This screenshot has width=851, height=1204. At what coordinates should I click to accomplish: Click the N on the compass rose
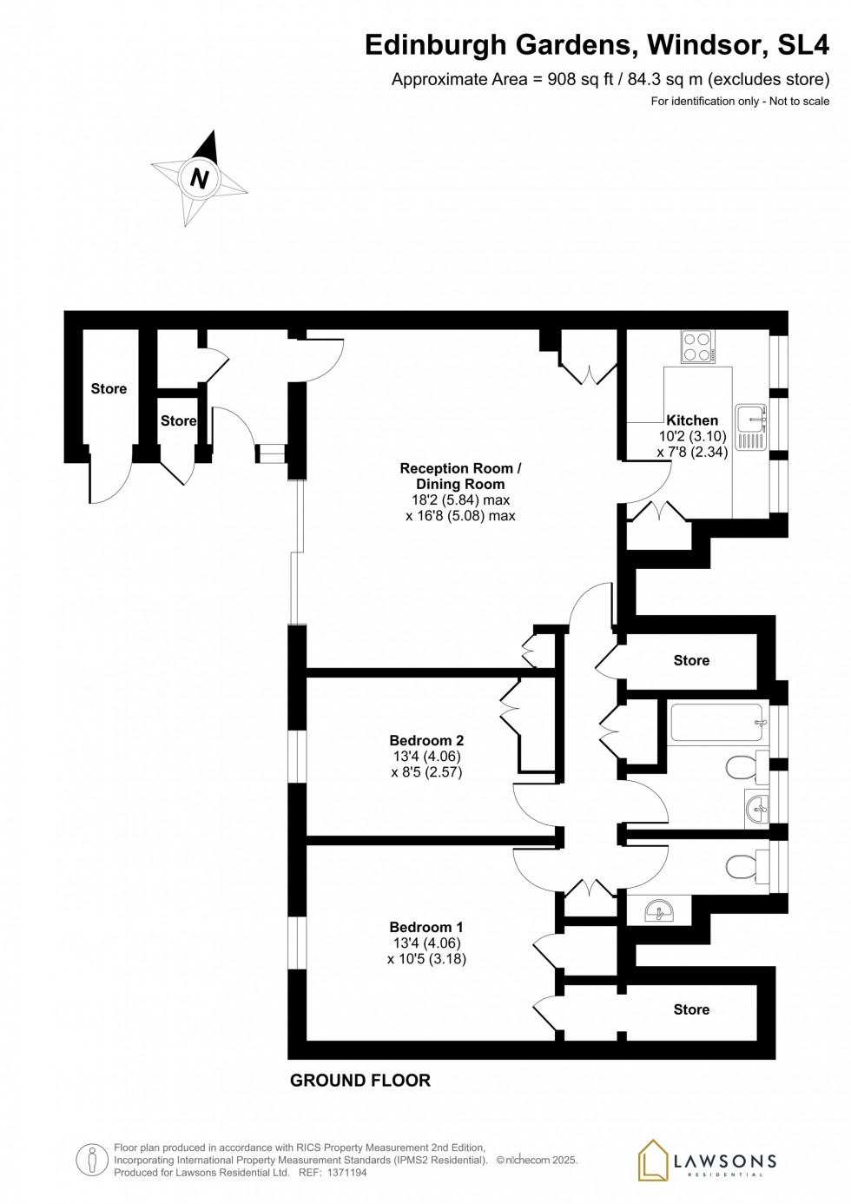[200, 178]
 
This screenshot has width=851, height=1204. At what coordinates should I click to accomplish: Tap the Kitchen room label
[692, 420]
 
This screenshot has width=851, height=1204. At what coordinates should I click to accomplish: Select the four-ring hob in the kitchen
[697, 347]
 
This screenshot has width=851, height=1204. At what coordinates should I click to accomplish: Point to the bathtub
[717, 723]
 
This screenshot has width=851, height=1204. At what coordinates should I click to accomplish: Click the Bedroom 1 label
[425, 927]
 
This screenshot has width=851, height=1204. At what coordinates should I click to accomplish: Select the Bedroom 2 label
[425, 740]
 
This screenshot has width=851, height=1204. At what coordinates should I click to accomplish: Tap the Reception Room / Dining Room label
[460, 476]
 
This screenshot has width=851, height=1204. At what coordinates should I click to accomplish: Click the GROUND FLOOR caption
[360, 1080]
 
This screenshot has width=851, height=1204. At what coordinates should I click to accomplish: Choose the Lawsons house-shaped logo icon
[653, 1161]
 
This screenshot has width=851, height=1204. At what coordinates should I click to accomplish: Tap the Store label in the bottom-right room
[691, 1009]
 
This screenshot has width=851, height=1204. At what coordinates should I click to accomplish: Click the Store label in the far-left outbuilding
[109, 388]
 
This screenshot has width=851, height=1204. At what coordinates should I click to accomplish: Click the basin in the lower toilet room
[660, 910]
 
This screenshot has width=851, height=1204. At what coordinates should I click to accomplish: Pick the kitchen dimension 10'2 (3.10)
[692, 436]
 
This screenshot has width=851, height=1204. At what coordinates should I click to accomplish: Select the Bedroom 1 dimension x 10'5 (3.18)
[426, 959]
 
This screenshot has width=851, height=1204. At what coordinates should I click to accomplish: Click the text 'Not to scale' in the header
[799, 101]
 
